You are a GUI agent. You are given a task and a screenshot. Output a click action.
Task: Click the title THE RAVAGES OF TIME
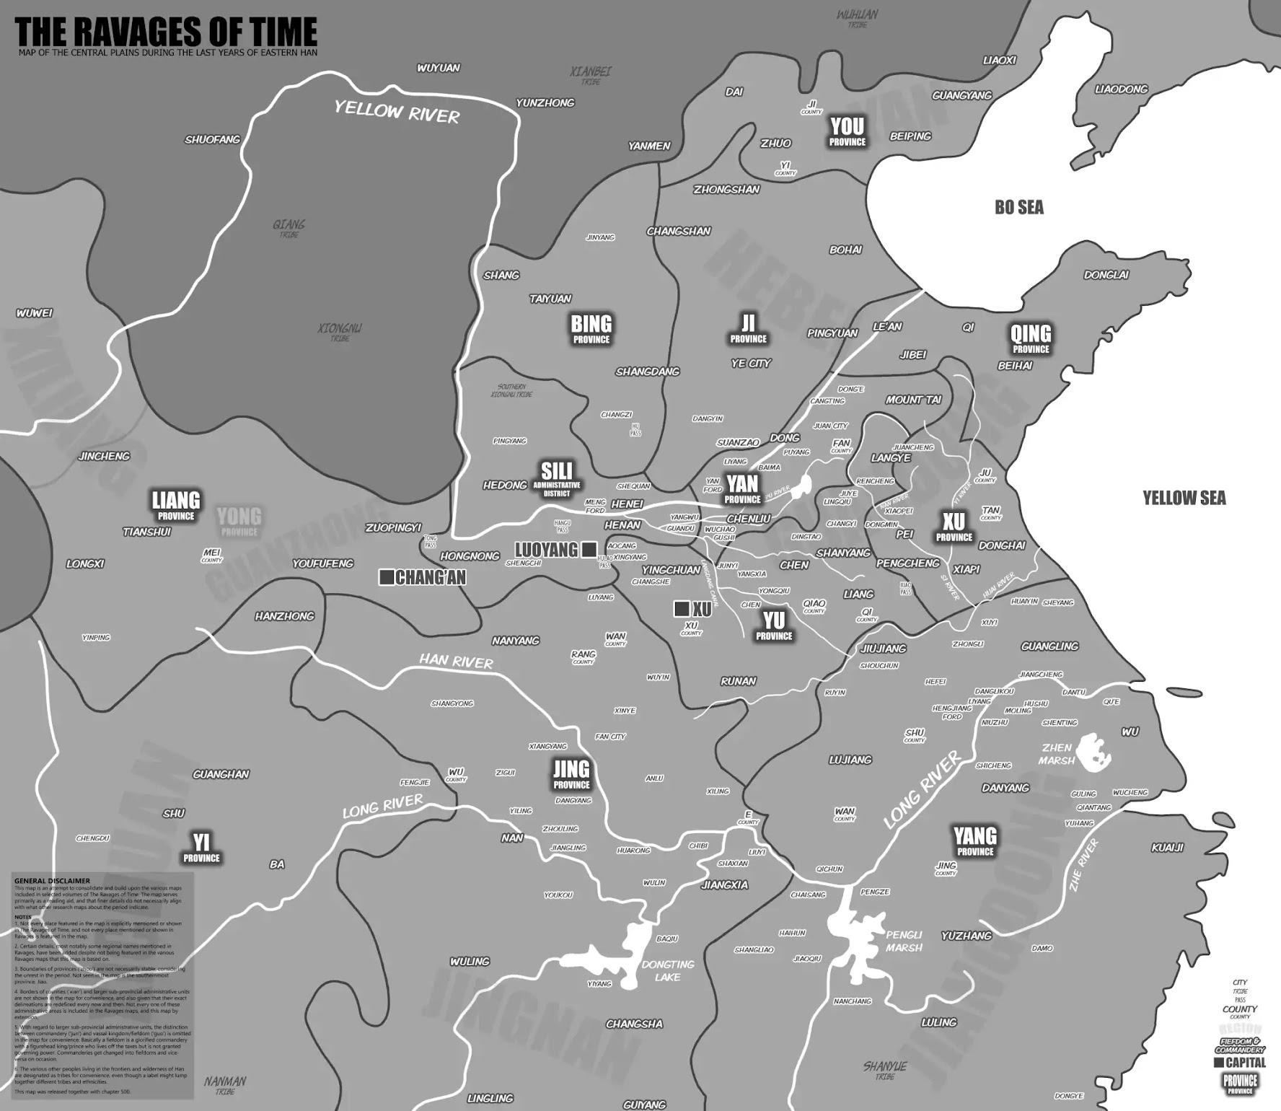click(166, 32)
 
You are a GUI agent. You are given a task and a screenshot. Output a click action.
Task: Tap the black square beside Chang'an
click(386, 577)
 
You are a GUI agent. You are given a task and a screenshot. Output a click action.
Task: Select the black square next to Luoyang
click(589, 550)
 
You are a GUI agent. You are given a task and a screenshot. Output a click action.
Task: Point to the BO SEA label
click(1018, 208)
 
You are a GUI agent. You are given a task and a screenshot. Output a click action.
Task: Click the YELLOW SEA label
click(1184, 498)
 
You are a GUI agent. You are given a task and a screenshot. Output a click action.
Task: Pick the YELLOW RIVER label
click(397, 113)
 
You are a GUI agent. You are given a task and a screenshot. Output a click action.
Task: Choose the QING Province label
click(1031, 338)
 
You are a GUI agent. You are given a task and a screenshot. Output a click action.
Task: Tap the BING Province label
click(591, 328)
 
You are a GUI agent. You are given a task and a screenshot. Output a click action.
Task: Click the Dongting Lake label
click(668, 970)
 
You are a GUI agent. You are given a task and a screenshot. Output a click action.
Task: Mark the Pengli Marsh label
click(904, 941)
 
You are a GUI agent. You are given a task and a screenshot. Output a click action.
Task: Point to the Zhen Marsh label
click(1057, 754)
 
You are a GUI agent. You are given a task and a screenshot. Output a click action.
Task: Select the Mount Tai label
click(913, 400)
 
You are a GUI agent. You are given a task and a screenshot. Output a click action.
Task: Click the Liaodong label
click(1121, 89)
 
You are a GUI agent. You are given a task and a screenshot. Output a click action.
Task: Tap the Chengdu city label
click(92, 838)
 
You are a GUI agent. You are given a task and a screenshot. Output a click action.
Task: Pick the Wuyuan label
click(438, 69)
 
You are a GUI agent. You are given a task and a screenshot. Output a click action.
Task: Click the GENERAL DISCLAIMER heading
click(52, 881)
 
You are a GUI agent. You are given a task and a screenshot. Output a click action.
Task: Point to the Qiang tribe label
click(289, 227)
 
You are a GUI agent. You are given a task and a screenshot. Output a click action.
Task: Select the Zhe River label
click(1083, 864)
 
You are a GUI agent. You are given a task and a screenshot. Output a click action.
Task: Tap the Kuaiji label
click(1167, 848)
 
